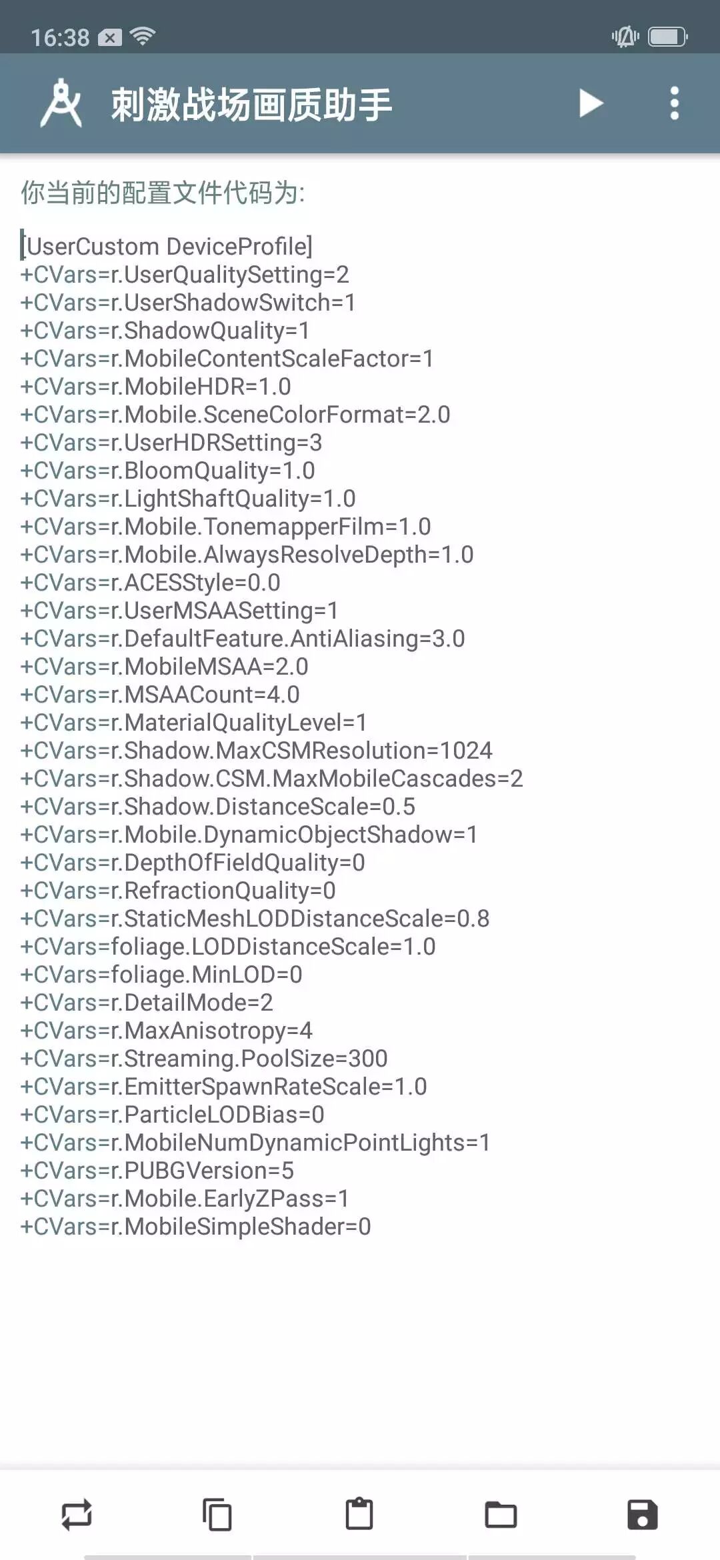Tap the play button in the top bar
click(591, 103)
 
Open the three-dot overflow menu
click(674, 103)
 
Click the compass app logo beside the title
click(61, 103)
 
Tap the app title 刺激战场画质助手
click(251, 105)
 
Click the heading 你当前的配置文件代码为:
click(163, 193)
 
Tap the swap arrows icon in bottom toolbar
click(77, 1515)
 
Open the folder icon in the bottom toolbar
click(501, 1515)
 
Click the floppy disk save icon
click(642, 1515)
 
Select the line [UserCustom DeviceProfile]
click(167, 247)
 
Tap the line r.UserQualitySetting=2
click(185, 275)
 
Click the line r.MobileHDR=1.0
click(156, 387)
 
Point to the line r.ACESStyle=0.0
click(151, 583)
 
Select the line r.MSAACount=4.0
click(160, 695)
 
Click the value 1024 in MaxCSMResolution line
click(466, 751)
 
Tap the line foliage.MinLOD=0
click(161, 975)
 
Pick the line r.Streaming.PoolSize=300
click(204, 1059)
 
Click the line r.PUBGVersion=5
click(157, 1171)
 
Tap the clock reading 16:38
click(60, 37)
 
